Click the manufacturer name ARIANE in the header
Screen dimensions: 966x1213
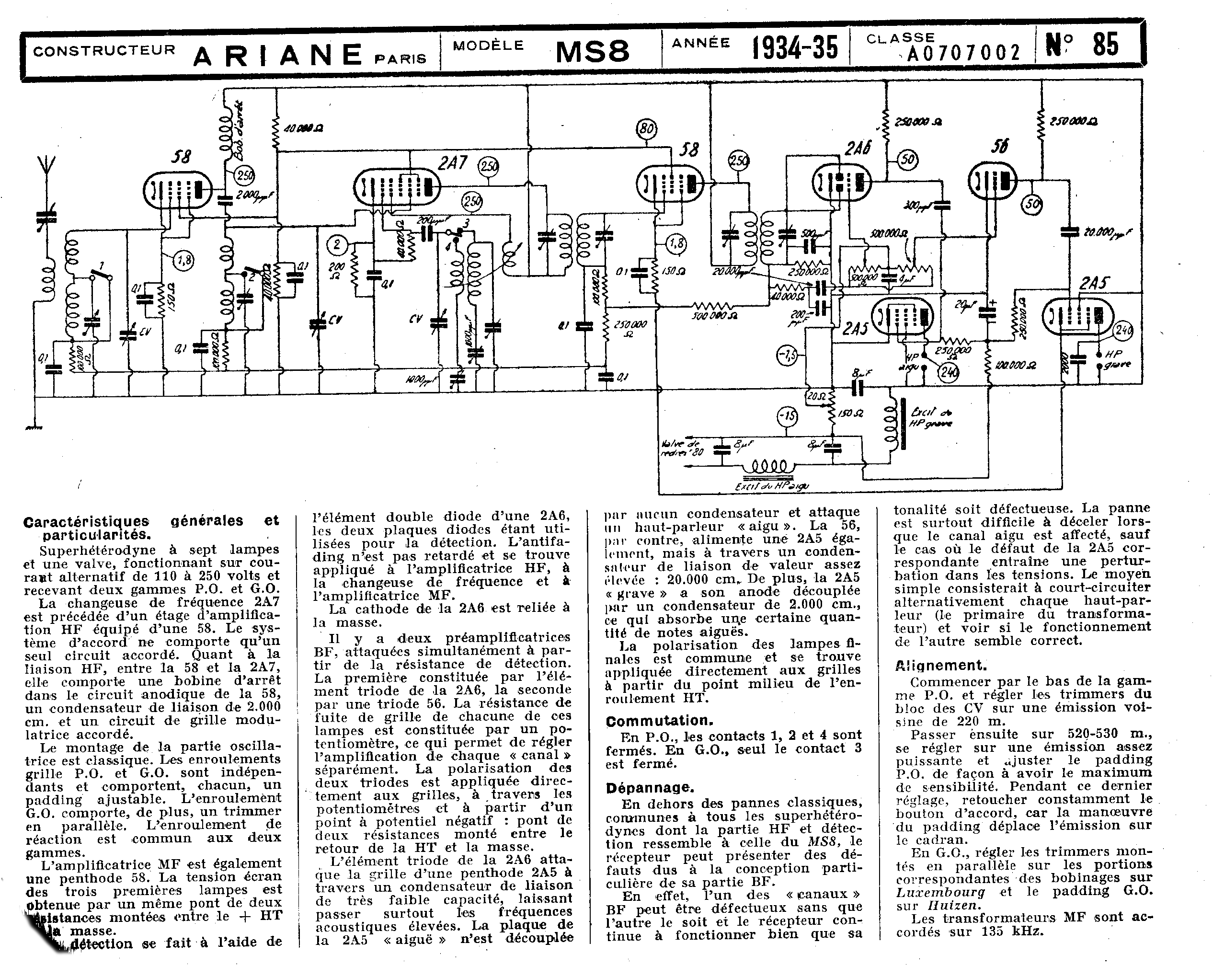click(x=278, y=55)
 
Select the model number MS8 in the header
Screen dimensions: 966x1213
click(x=593, y=52)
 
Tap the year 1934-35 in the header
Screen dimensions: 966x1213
click(x=795, y=48)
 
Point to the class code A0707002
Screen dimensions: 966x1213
click(x=964, y=53)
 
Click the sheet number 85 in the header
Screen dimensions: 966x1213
click(x=1106, y=45)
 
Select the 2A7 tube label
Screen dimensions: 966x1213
click(x=452, y=163)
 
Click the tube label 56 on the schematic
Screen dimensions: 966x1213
click(x=999, y=147)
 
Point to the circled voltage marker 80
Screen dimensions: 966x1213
click(x=646, y=129)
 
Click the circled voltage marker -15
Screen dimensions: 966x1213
click(x=788, y=416)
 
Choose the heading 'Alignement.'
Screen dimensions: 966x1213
click(x=941, y=666)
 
